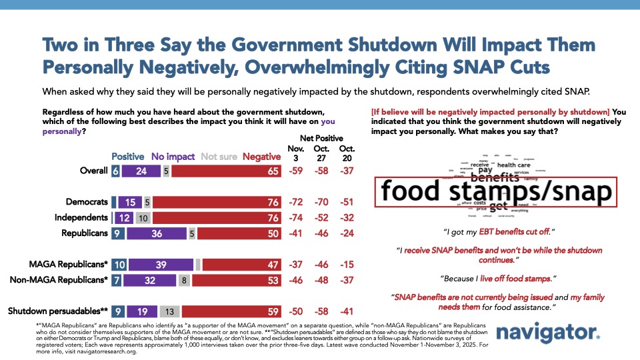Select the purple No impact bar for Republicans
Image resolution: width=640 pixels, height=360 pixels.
(155, 234)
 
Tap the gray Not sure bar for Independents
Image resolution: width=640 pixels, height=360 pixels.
(143, 217)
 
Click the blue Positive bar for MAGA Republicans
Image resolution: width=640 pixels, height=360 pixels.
(119, 265)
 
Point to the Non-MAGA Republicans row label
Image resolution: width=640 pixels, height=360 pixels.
(58, 281)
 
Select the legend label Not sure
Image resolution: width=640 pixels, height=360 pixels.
(218, 157)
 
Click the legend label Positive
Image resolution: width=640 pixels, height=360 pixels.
(127, 157)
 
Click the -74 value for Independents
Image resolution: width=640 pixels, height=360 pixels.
(294, 217)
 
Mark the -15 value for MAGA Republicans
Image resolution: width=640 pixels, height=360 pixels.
(347, 265)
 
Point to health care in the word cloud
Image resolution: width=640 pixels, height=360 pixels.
(514, 165)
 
